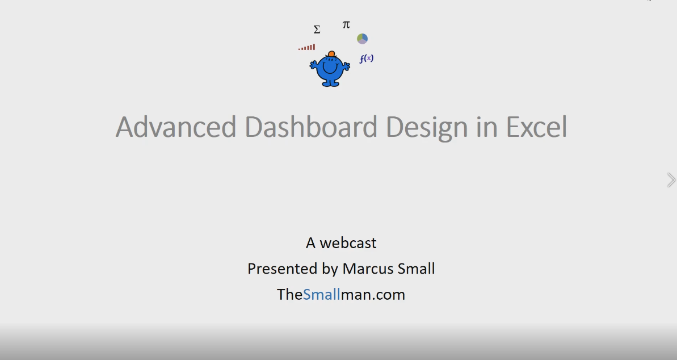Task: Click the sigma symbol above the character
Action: click(317, 30)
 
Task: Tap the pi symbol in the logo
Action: click(346, 24)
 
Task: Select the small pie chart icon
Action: click(362, 39)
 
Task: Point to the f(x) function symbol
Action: click(366, 58)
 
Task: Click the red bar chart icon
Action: click(307, 48)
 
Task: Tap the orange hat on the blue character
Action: click(331, 54)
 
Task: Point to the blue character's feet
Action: click(330, 84)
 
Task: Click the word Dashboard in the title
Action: click(312, 127)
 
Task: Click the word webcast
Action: click(348, 243)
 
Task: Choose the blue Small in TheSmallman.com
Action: click(321, 294)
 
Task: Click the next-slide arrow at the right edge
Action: click(671, 180)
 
